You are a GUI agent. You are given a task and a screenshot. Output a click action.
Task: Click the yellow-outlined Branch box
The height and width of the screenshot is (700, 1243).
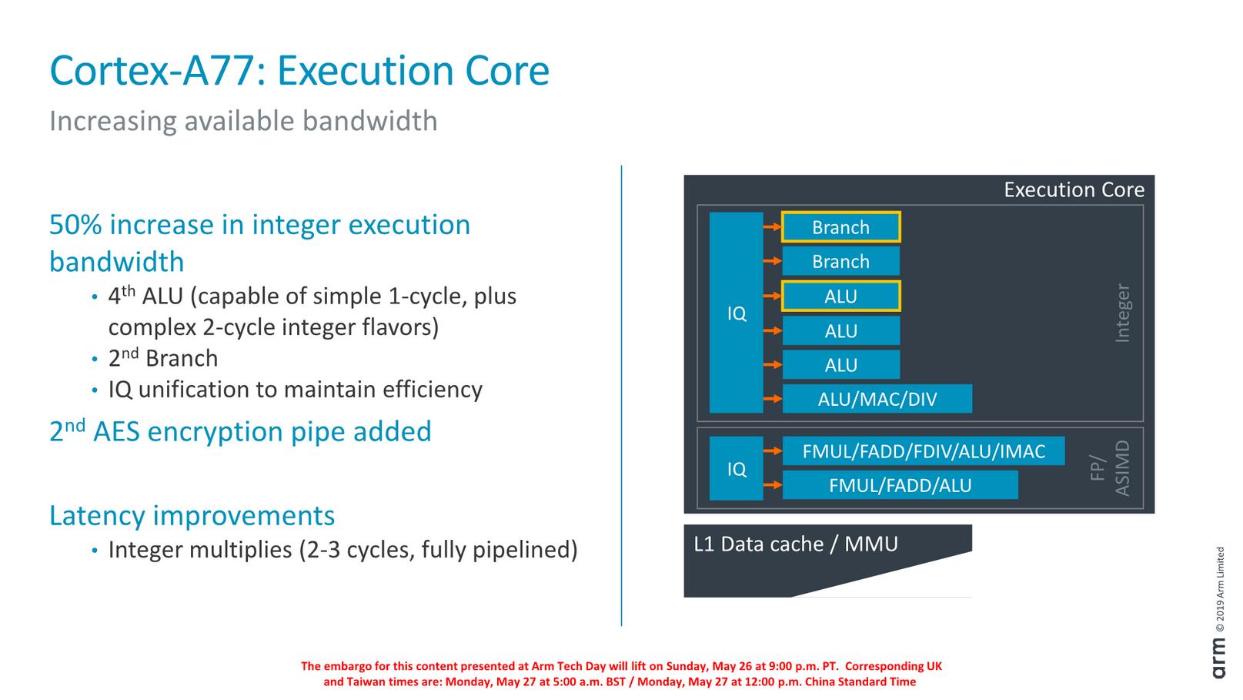point(840,227)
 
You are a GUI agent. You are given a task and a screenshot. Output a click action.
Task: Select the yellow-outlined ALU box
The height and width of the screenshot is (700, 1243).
point(840,296)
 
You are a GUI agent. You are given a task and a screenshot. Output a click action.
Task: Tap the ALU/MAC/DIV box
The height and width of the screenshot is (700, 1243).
point(877,399)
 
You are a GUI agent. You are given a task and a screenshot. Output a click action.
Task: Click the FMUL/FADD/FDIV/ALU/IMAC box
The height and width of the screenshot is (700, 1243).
point(923,451)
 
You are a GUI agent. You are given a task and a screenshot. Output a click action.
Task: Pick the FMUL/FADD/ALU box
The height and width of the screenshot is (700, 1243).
point(900,485)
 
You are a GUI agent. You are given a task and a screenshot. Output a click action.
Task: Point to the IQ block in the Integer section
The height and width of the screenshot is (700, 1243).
point(737,313)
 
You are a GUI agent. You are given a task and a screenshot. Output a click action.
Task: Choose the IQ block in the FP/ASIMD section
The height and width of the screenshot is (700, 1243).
point(737,468)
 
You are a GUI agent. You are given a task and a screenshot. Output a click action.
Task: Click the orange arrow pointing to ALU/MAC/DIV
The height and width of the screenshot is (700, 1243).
point(772,399)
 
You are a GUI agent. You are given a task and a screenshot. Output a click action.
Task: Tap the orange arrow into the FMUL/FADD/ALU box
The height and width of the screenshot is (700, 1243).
point(772,485)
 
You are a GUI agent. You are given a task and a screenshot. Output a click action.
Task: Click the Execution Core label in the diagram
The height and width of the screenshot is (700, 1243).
point(1074,190)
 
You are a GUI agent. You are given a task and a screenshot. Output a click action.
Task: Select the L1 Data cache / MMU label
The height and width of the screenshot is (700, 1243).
point(796,544)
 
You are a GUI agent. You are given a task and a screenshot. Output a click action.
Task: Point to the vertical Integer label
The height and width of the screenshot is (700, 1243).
point(1123,313)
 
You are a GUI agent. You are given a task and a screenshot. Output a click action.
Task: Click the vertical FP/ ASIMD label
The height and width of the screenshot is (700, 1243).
point(1111,468)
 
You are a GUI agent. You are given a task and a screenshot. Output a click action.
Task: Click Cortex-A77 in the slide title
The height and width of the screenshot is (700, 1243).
point(151,71)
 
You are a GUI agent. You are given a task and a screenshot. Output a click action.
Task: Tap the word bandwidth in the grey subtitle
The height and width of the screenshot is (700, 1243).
point(369,121)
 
